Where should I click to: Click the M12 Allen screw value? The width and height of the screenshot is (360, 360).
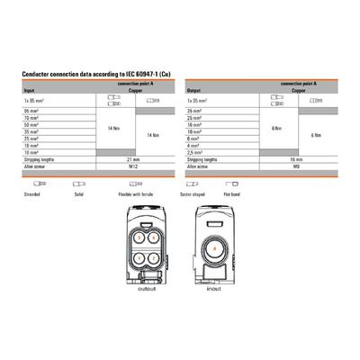[x=132, y=167]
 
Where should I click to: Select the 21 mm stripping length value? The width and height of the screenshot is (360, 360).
[x=132, y=160]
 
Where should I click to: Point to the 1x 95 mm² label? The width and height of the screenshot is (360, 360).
[x=33, y=101]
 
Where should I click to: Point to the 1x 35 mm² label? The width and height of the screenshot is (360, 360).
[x=198, y=101]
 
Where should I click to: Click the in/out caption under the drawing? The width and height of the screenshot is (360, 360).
[x=214, y=290]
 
